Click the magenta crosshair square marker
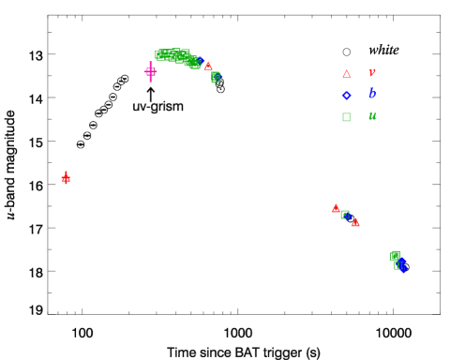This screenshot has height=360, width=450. tap(150, 71)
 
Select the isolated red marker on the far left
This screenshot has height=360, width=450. tap(66, 178)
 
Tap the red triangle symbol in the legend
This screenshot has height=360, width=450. tap(346, 74)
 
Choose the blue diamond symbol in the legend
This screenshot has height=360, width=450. tap(346, 96)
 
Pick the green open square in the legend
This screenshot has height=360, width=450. tap(346, 117)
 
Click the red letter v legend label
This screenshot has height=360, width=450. tap(371, 73)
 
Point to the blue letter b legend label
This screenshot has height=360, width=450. tap(371, 95)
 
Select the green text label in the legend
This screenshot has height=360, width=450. tap(371, 116)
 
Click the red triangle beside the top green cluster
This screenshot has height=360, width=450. tap(208, 67)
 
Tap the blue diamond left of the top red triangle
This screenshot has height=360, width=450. tap(198, 61)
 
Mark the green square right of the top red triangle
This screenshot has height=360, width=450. tap(216, 77)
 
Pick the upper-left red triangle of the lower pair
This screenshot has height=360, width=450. tap(336, 208)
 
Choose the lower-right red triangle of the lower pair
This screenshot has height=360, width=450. tap(355, 222)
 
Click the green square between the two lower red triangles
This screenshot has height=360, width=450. tap(345, 215)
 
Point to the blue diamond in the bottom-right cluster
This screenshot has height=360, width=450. tap(402, 267)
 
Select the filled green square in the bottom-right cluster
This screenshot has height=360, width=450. tap(396, 255)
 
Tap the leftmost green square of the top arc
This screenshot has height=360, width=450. tap(160, 54)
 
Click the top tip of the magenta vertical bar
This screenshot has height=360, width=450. tap(150, 62)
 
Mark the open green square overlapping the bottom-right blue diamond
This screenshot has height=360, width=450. tap(398, 265)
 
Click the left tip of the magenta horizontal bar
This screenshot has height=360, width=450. tap(143, 71)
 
